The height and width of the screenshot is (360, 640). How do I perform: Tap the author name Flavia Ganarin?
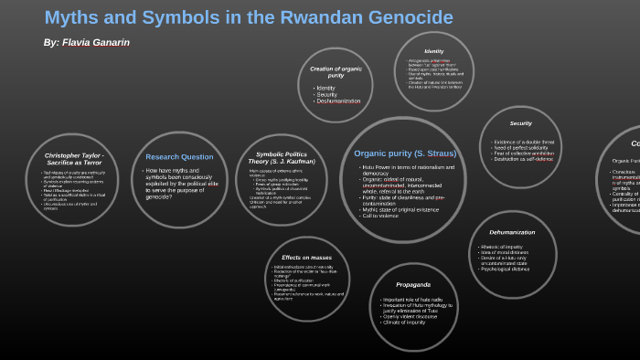pos(95,43)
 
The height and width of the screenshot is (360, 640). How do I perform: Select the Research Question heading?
pos(179,156)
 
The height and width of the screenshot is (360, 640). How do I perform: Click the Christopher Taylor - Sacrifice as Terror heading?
pos(72,159)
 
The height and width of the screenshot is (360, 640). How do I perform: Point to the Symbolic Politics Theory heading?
pos(282,158)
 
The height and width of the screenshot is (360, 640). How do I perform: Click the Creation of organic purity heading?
pos(336,71)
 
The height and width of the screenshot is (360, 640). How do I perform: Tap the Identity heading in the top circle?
pos(434,51)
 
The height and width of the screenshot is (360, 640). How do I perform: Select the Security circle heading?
pos(521,123)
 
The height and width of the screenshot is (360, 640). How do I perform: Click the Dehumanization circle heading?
pos(512,232)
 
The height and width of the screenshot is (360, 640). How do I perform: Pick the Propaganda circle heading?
pos(413,284)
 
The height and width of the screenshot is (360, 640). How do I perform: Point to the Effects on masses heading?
pos(306,258)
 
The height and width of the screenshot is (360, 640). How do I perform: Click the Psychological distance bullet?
pos(505,269)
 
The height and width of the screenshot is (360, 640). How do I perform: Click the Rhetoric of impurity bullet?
pos(501,247)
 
